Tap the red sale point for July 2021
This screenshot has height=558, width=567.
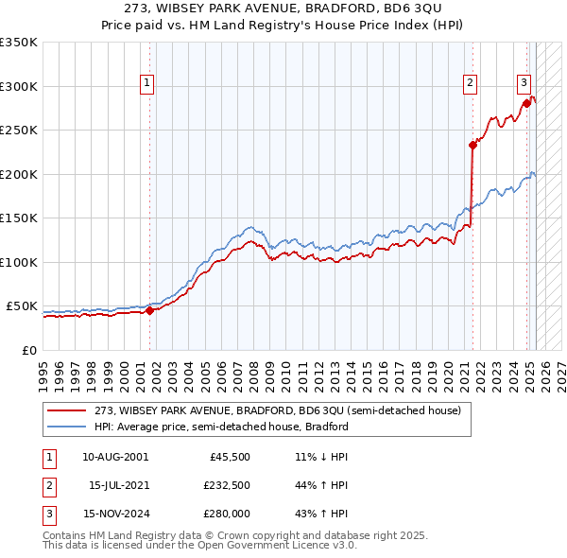pos(472,146)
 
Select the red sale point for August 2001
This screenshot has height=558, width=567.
pos(149,310)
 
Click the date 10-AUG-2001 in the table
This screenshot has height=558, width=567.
pos(115,457)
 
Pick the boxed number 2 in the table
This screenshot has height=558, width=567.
pos(46,485)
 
